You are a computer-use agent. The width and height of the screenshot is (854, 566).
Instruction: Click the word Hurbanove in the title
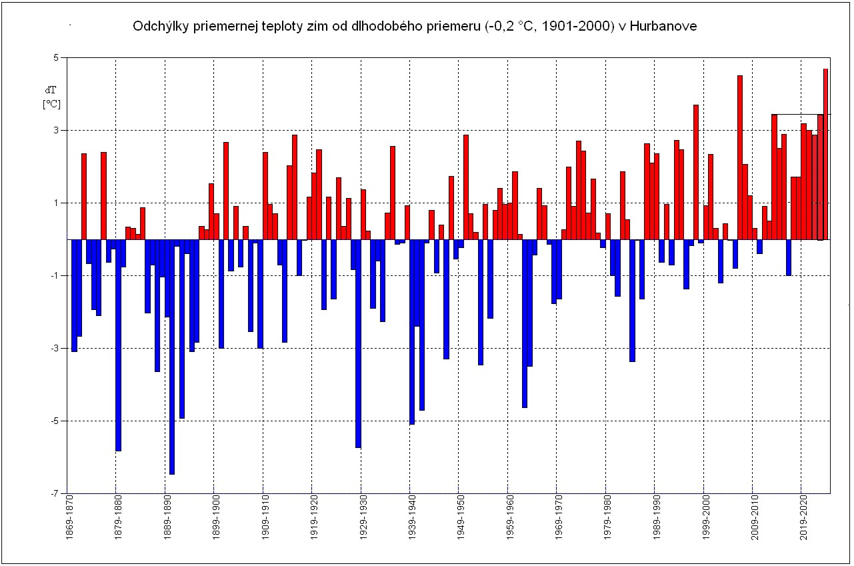point(664,26)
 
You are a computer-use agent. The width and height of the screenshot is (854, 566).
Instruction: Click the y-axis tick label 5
point(57,58)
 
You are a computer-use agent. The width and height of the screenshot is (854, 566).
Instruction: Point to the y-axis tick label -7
point(55,494)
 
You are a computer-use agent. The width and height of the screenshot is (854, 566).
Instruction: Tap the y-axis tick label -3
point(55,349)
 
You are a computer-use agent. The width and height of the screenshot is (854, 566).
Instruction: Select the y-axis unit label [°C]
point(51,104)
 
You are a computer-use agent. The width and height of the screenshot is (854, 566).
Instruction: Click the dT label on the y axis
point(51,89)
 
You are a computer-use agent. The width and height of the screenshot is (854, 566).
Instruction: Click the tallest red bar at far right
point(825,153)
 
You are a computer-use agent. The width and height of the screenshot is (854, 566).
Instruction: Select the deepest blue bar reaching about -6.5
point(171,357)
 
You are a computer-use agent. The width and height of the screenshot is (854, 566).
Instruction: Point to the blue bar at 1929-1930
point(358,343)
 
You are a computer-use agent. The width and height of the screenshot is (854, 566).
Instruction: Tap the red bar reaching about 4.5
point(739,157)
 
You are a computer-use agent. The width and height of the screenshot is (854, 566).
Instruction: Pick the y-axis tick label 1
point(57,203)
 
